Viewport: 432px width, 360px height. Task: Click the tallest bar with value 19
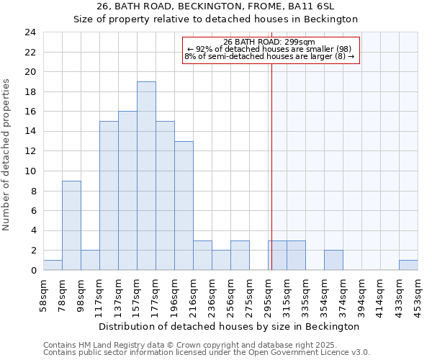[146, 176]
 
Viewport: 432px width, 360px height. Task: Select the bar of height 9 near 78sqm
[71, 225]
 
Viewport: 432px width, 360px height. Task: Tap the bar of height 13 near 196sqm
[184, 205]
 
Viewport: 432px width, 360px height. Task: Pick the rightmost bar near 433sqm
[408, 265]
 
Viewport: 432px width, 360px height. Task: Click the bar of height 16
[127, 191]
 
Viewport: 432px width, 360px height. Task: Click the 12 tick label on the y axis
[30, 151]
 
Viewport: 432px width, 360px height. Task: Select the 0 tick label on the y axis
[33, 270]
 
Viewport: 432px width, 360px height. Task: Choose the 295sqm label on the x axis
[268, 296]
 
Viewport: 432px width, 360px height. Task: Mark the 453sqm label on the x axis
[418, 296]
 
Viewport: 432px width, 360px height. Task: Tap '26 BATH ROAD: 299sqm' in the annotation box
[269, 42]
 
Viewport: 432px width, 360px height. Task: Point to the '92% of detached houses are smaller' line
[269, 49]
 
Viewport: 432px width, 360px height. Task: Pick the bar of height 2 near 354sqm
[333, 260]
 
